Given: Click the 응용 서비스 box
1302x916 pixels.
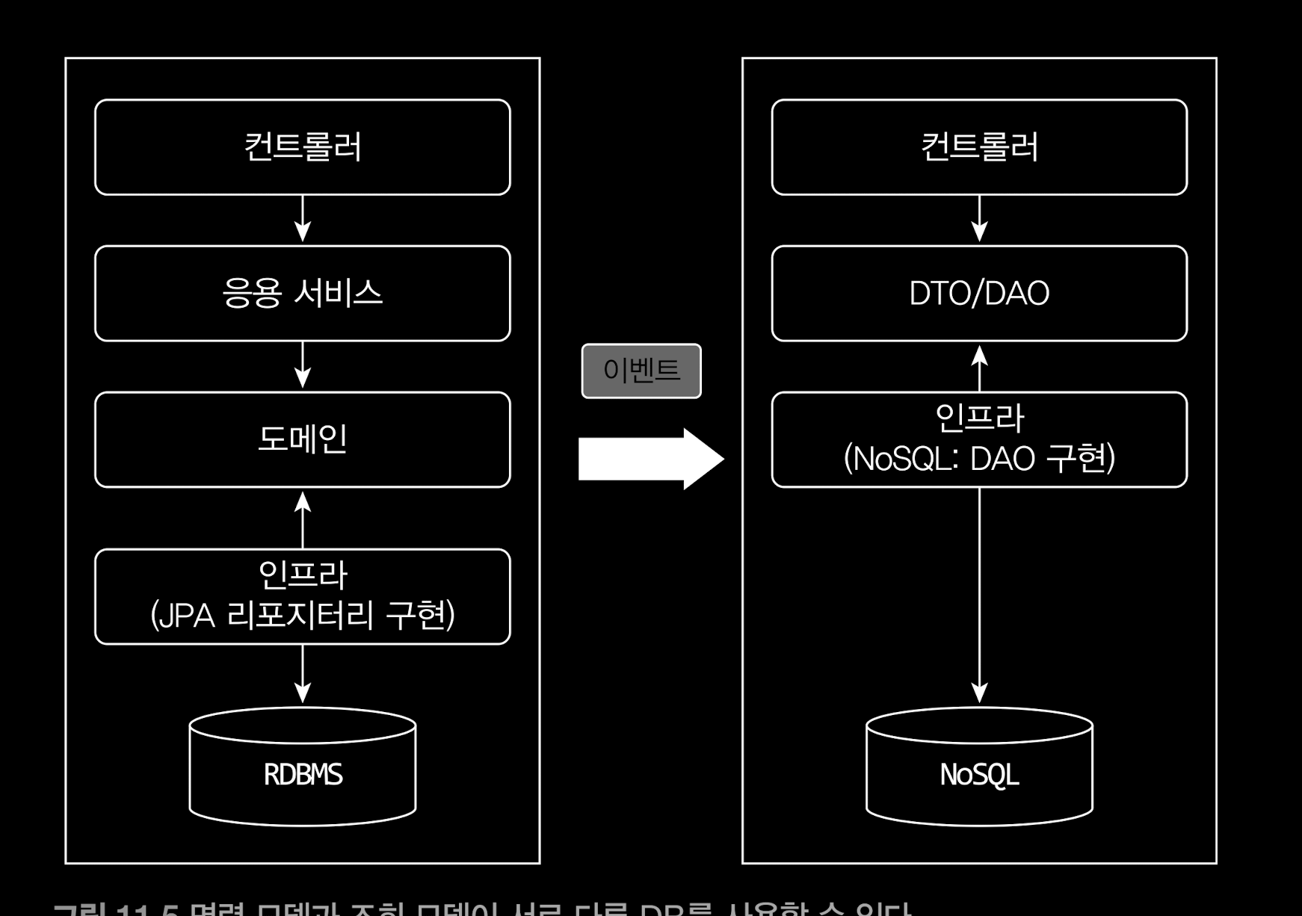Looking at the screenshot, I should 302,293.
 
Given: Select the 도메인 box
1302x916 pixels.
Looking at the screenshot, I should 302,439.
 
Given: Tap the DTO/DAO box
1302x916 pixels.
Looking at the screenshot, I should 979,293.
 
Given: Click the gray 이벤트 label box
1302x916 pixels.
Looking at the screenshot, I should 641,371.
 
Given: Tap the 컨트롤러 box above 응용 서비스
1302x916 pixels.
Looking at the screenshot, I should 302,147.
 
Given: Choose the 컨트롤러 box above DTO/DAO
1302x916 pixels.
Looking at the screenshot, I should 979,147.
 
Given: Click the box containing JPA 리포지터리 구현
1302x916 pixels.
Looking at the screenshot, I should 302,596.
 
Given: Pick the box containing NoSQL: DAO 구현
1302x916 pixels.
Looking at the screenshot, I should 979,439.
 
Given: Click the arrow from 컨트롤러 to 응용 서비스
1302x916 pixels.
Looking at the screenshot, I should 302,220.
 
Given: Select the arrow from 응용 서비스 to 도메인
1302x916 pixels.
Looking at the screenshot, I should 302,366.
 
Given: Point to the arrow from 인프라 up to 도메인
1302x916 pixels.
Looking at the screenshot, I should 302,519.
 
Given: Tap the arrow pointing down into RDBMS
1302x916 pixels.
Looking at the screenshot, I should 302,674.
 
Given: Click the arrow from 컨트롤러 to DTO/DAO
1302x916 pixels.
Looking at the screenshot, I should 979,220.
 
